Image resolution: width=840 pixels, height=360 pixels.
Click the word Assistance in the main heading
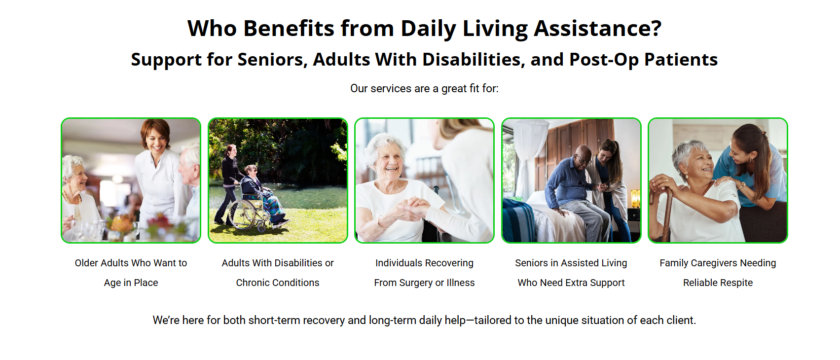coord(598,29)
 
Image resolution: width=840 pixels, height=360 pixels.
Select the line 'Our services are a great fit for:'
coord(425,88)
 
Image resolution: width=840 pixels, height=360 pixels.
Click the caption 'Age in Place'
coord(131,283)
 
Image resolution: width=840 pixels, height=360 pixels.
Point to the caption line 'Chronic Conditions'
coord(278,283)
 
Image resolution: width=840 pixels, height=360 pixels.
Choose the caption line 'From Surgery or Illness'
coord(425,283)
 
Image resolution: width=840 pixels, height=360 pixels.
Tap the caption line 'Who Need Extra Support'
coord(571,283)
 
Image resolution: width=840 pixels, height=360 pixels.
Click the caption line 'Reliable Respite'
coord(718,283)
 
